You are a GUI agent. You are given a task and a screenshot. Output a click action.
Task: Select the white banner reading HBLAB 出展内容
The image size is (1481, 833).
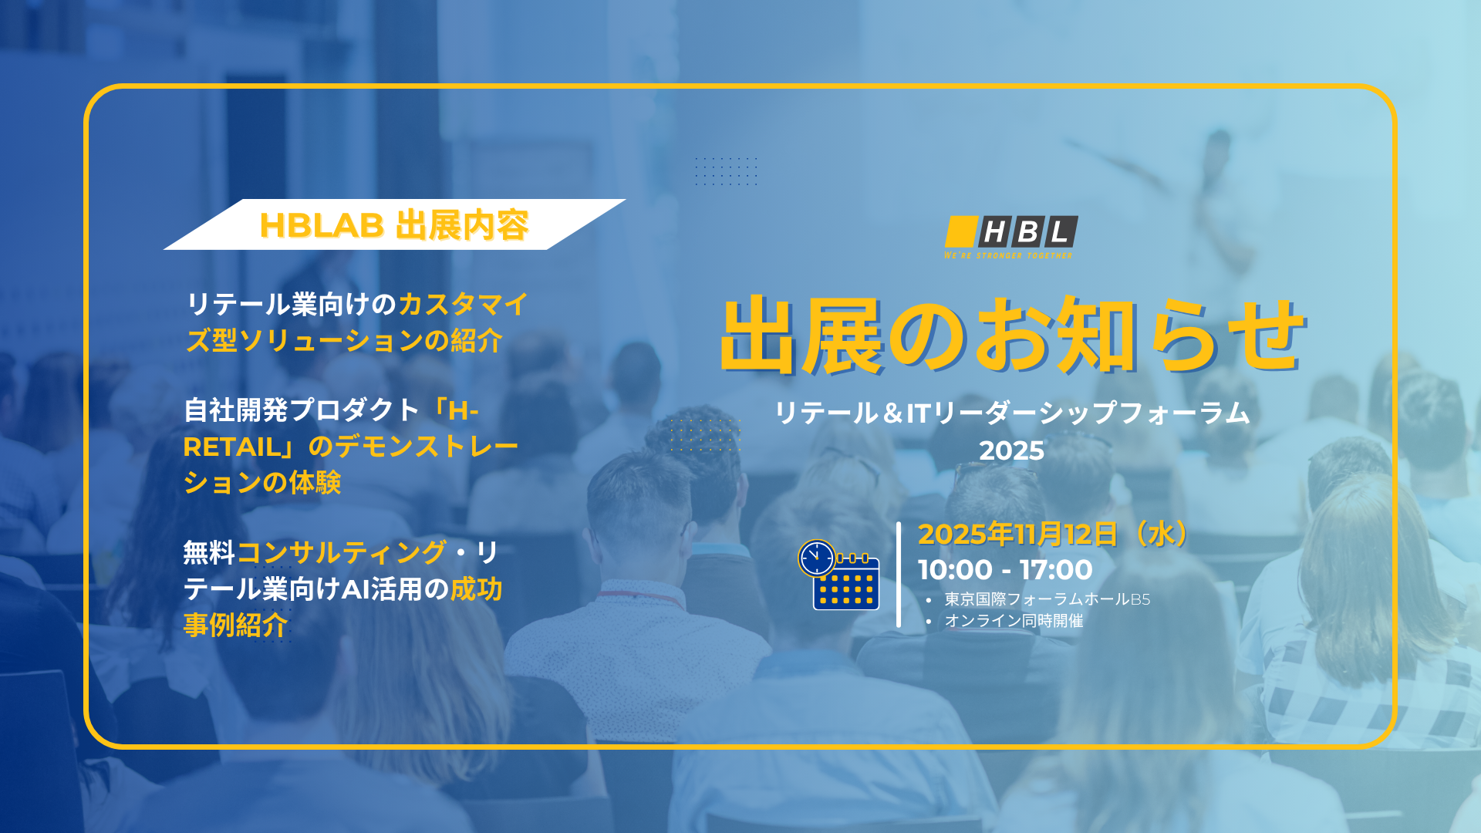pyautogui.click(x=394, y=224)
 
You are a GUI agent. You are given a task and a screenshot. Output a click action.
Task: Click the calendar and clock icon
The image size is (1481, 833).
pyautogui.click(x=839, y=575)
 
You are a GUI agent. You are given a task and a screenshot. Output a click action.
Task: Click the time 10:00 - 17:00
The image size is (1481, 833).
pyautogui.click(x=1005, y=570)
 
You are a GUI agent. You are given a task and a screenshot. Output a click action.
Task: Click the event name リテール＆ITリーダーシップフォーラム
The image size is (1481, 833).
pyautogui.click(x=1012, y=413)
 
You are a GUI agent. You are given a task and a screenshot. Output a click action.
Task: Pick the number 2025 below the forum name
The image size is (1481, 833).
pyautogui.click(x=1012, y=450)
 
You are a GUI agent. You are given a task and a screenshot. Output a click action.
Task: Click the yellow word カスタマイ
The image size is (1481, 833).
pyautogui.click(x=464, y=304)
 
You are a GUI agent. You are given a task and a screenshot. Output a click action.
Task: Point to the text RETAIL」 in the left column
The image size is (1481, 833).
pyautogui.click(x=241, y=447)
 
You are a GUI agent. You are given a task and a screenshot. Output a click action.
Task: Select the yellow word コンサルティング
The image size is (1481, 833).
pyautogui.click(x=342, y=552)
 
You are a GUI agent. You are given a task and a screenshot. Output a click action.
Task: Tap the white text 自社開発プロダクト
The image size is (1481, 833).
pyautogui.click(x=302, y=410)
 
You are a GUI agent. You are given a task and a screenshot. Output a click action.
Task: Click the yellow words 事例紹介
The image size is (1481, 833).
pyautogui.click(x=236, y=624)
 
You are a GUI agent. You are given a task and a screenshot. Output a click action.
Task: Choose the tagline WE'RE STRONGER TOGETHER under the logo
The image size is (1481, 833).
pyautogui.click(x=1008, y=255)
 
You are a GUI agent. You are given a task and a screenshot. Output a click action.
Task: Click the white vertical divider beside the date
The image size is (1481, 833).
pyautogui.click(x=899, y=575)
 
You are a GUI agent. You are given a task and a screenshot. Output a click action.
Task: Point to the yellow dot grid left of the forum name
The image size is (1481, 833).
pyautogui.click(x=704, y=434)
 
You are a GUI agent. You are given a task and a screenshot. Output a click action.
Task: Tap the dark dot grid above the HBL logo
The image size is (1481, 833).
pyautogui.click(x=726, y=171)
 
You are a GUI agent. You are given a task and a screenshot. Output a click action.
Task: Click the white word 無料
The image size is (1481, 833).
pyautogui.click(x=209, y=552)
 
